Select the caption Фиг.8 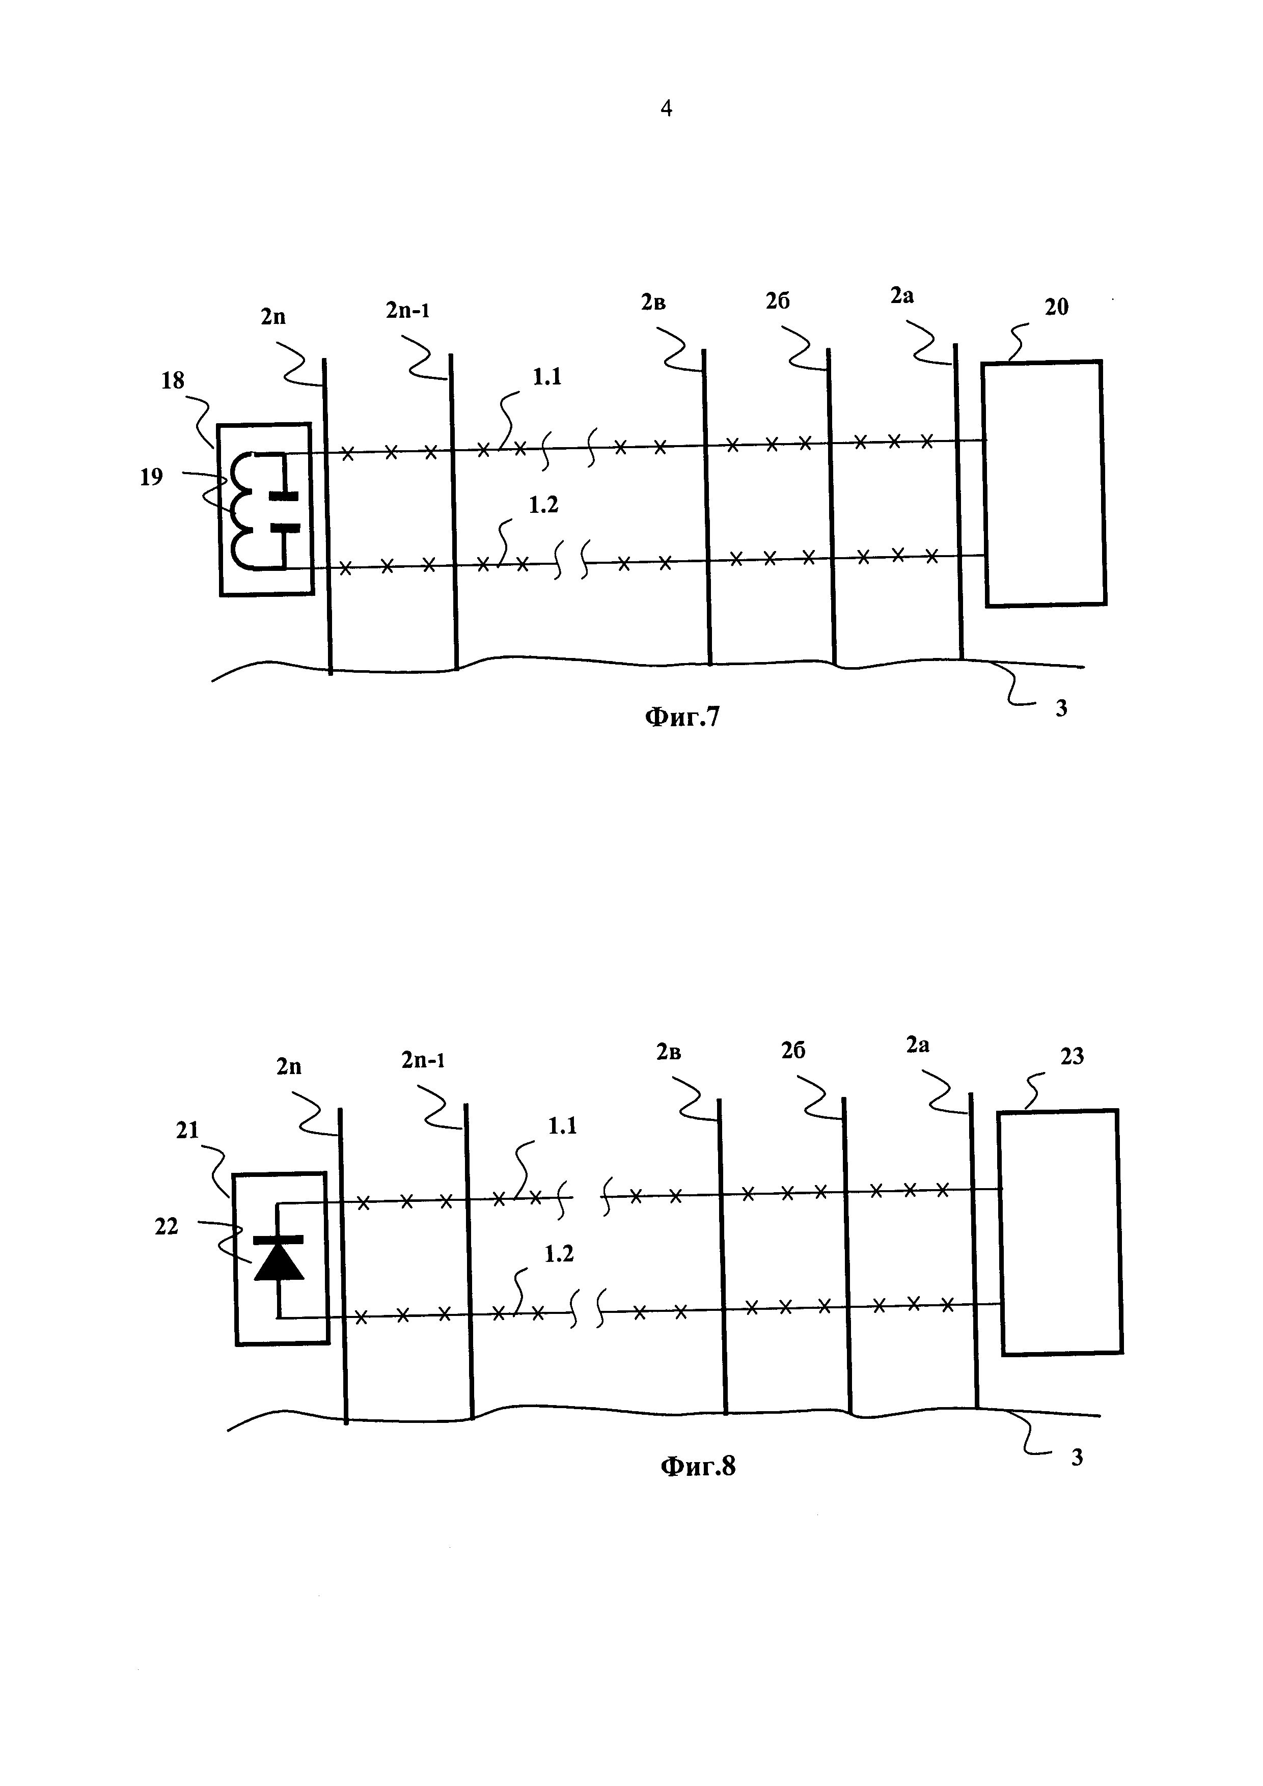pyautogui.click(x=698, y=1466)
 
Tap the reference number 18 pyautogui.click(x=173, y=380)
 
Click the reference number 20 pyautogui.click(x=1056, y=307)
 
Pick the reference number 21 pyautogui.click(x=187, y=1130)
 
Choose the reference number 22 pyautogui.click(x=167, y=1227)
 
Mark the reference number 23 pyautogui.click(x=1072, y=1056)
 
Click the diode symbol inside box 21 pyautogui.click(x=279, y=1260)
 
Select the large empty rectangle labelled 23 pyautogui.click(x=1060, y=1232)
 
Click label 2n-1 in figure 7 pyautogui.click(x=407, y=310)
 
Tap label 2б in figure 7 pyautogui.click(x=778, y=301)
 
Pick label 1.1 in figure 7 pyautogui.click(x=547, y=377)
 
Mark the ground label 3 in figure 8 pyautogui.click(x=1077, y=1457)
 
